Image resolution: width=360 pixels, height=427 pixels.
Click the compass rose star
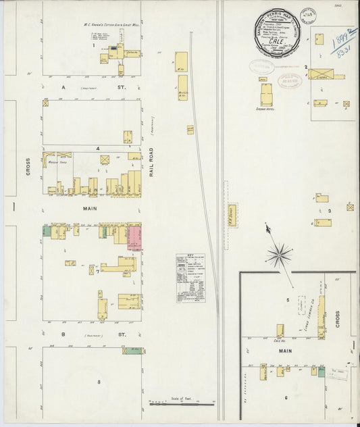(x=278, y=255)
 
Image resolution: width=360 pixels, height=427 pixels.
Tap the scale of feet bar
(x=182, y=403)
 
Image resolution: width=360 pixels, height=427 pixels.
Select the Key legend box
(x=191, y=278)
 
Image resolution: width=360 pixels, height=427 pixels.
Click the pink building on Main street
(x=134, y=238)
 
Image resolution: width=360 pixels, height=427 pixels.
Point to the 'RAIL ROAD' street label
(x=153, y=163)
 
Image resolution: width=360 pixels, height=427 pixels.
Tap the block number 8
(x=99, y=382)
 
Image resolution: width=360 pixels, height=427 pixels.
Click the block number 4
(x=98, y=147)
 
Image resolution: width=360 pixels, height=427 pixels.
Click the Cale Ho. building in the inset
(x=280, y=330)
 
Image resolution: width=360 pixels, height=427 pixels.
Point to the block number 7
(x=356, y=420)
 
